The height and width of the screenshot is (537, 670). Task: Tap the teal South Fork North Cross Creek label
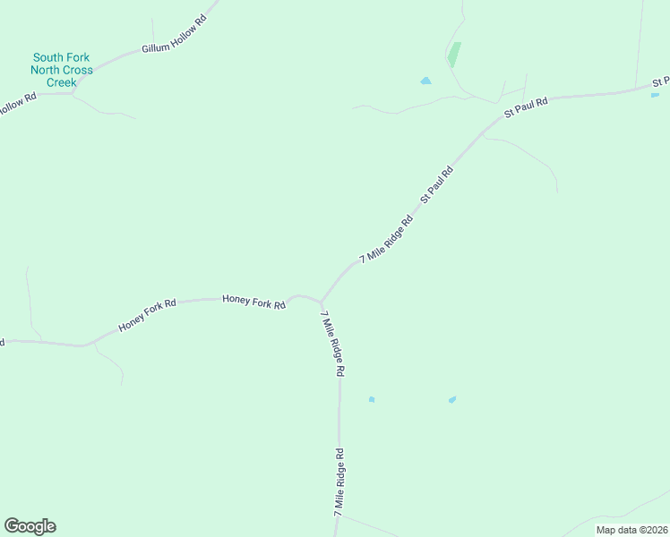click(62, 70)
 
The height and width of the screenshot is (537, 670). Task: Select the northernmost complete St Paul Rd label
click(526, 107)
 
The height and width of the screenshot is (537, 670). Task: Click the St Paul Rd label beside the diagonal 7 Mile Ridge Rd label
click(437, 183)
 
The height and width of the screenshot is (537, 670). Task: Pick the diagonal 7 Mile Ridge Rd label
click(386, 239)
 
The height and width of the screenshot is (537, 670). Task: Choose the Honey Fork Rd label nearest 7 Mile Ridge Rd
click(253, 303)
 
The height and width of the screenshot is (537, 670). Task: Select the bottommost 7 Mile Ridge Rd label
click(339, 481)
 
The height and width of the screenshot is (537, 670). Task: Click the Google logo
click(30, 526)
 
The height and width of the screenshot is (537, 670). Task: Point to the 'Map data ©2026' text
click(631, 530)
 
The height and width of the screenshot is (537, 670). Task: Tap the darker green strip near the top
click(454, 55)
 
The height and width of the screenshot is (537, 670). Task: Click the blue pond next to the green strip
click(425, 81)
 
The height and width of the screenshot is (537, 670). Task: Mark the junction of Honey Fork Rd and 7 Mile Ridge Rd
click(320, 302)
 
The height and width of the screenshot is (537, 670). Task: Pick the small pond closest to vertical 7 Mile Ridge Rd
click(371, 399)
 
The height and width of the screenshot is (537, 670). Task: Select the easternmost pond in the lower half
click(452, 399)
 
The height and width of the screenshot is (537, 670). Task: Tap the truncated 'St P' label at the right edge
click(660, 82)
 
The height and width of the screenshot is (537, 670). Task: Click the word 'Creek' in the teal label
click(62, 82)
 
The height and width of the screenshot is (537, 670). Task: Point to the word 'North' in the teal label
click(47, 70)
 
